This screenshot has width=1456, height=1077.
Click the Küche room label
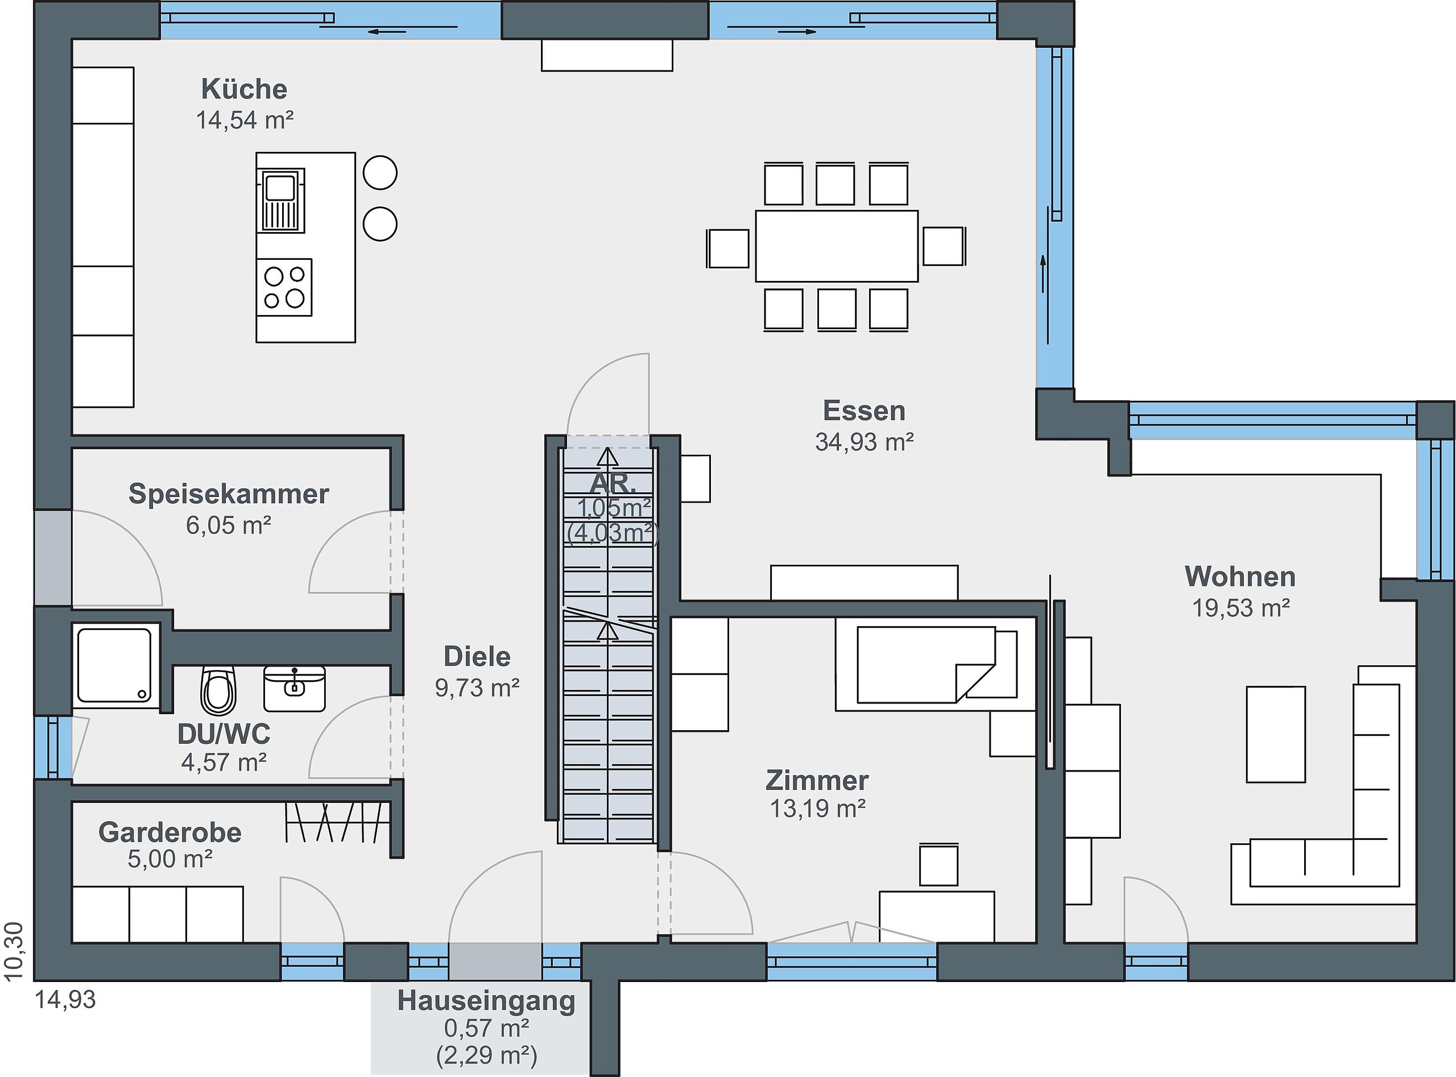tap(244, 89)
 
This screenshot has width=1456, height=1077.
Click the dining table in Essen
tap(837, 246)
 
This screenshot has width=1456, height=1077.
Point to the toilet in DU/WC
tap(218, 690)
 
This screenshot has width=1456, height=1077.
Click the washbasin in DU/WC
tap(294, 689)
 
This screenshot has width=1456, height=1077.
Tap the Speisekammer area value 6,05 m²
tap(228, 525)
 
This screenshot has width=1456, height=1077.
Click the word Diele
tap(477, 657)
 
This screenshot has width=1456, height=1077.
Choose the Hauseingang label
tap(486, 1001)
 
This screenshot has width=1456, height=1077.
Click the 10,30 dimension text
tap(14, 951)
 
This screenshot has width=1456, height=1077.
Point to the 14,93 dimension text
tap(65, 1000)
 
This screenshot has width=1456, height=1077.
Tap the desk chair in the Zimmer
tap(938, 865)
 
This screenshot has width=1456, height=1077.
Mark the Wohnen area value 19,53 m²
tap(1241, 608)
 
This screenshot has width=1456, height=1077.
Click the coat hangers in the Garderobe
tap(334, 822)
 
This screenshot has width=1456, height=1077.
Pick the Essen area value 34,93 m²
tap(864, 442)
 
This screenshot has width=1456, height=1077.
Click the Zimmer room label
tap(817, 780)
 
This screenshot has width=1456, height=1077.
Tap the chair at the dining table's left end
tap(727, 248)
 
